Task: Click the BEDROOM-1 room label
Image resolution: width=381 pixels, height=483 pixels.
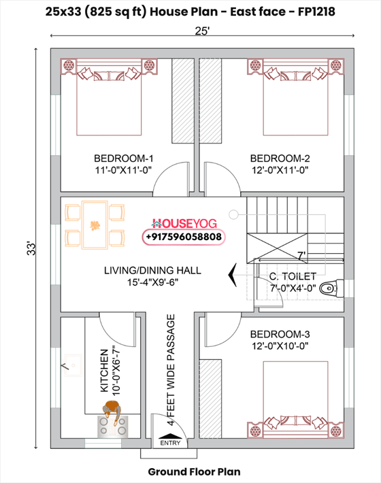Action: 119,159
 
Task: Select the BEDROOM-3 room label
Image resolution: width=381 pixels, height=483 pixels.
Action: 280,334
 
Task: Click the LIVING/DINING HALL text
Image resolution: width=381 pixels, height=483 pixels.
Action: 152,270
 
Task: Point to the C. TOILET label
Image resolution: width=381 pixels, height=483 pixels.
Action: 293,276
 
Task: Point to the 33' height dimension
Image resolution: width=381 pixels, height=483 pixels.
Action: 31,248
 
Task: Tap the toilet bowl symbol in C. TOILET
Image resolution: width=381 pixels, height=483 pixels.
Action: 329,288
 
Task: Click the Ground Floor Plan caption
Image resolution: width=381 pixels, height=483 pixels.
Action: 194,471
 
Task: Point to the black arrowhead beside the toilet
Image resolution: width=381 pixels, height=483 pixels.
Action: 233,274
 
